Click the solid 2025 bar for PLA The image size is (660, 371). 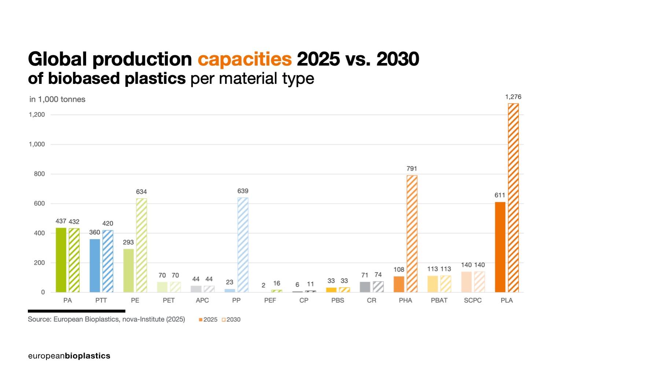click(500, 247)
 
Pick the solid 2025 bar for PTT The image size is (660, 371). click(95, 266)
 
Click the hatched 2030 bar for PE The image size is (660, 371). click(141, 245)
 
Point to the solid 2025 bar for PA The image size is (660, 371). click(61, 260)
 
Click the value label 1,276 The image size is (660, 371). click(513, 97)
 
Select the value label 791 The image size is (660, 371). click(412, 168)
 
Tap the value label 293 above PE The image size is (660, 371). click(128, 242)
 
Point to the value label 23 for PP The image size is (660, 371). click(229, 282)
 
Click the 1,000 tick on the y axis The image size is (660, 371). click(37, 144)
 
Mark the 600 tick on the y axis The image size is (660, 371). click(39, 204)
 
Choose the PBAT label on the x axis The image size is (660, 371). click(439, 300)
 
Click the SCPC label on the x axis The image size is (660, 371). click(473, 300)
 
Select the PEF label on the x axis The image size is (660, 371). click(270, 300)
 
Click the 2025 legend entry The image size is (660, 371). click(208, 320)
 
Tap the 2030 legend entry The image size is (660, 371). click(231, 320)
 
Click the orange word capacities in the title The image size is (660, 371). click(244, 59)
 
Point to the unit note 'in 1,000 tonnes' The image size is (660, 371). click(57, 99)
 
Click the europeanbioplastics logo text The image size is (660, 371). click(69, 356)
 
